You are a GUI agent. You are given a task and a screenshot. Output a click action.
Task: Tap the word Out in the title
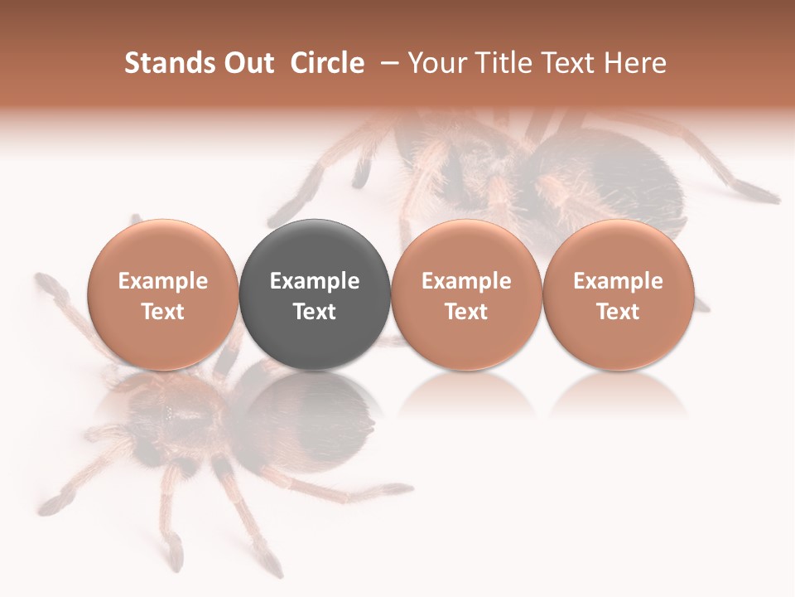point(248,63)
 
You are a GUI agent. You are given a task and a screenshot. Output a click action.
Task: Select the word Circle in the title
point(327,63)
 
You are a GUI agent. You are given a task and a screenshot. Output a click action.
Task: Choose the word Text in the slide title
point(571,63)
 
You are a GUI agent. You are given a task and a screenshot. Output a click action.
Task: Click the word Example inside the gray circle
point(315,281)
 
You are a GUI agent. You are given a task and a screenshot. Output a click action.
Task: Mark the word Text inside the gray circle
point(315,312)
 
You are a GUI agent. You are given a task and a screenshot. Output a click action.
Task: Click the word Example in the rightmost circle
point(618,281)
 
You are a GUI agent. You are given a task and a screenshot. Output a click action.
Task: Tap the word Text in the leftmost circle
point(162,312)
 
